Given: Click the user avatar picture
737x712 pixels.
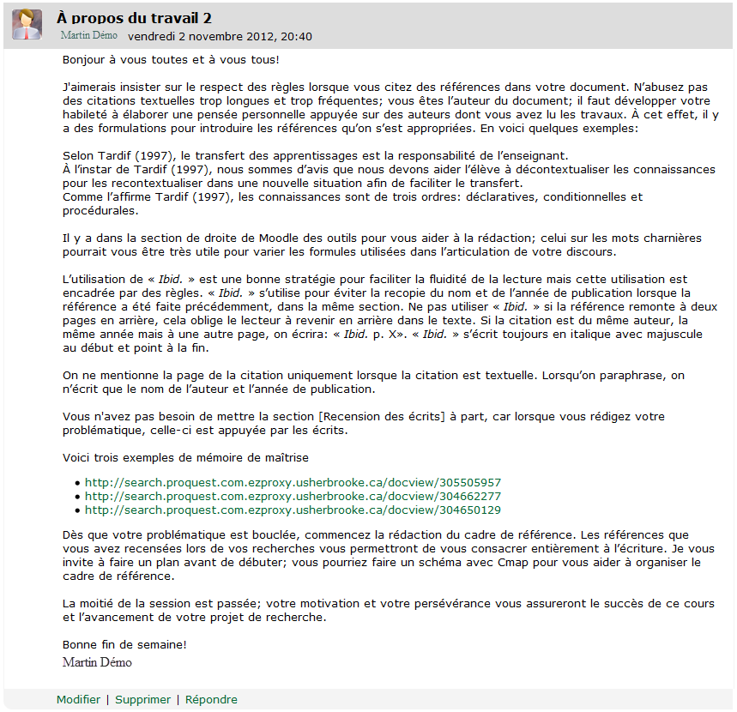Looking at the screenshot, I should [x=27, y=24].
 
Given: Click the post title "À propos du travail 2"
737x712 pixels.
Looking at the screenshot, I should [x=134, y=18].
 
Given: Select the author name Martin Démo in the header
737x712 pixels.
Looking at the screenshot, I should [x=88, y=36].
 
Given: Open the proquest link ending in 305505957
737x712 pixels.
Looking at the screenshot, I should [x=293, y=482].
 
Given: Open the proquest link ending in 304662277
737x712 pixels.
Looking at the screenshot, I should [x=293, y=496].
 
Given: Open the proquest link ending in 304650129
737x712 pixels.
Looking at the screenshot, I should [x=293, y=510].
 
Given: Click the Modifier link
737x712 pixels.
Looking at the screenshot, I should [x=78, y=699].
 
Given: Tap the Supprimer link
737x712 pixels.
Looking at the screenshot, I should [x=142, y=699].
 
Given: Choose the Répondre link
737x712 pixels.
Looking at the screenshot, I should [x=211, y=699].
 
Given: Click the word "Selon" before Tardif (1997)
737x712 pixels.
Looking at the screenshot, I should [x=79, y=155].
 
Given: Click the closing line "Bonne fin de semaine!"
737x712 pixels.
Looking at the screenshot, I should [x=124, y=644].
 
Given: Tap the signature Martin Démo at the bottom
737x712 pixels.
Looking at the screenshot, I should [x=97, y=662].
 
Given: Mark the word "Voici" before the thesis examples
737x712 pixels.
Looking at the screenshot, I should [x=78, y=457].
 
